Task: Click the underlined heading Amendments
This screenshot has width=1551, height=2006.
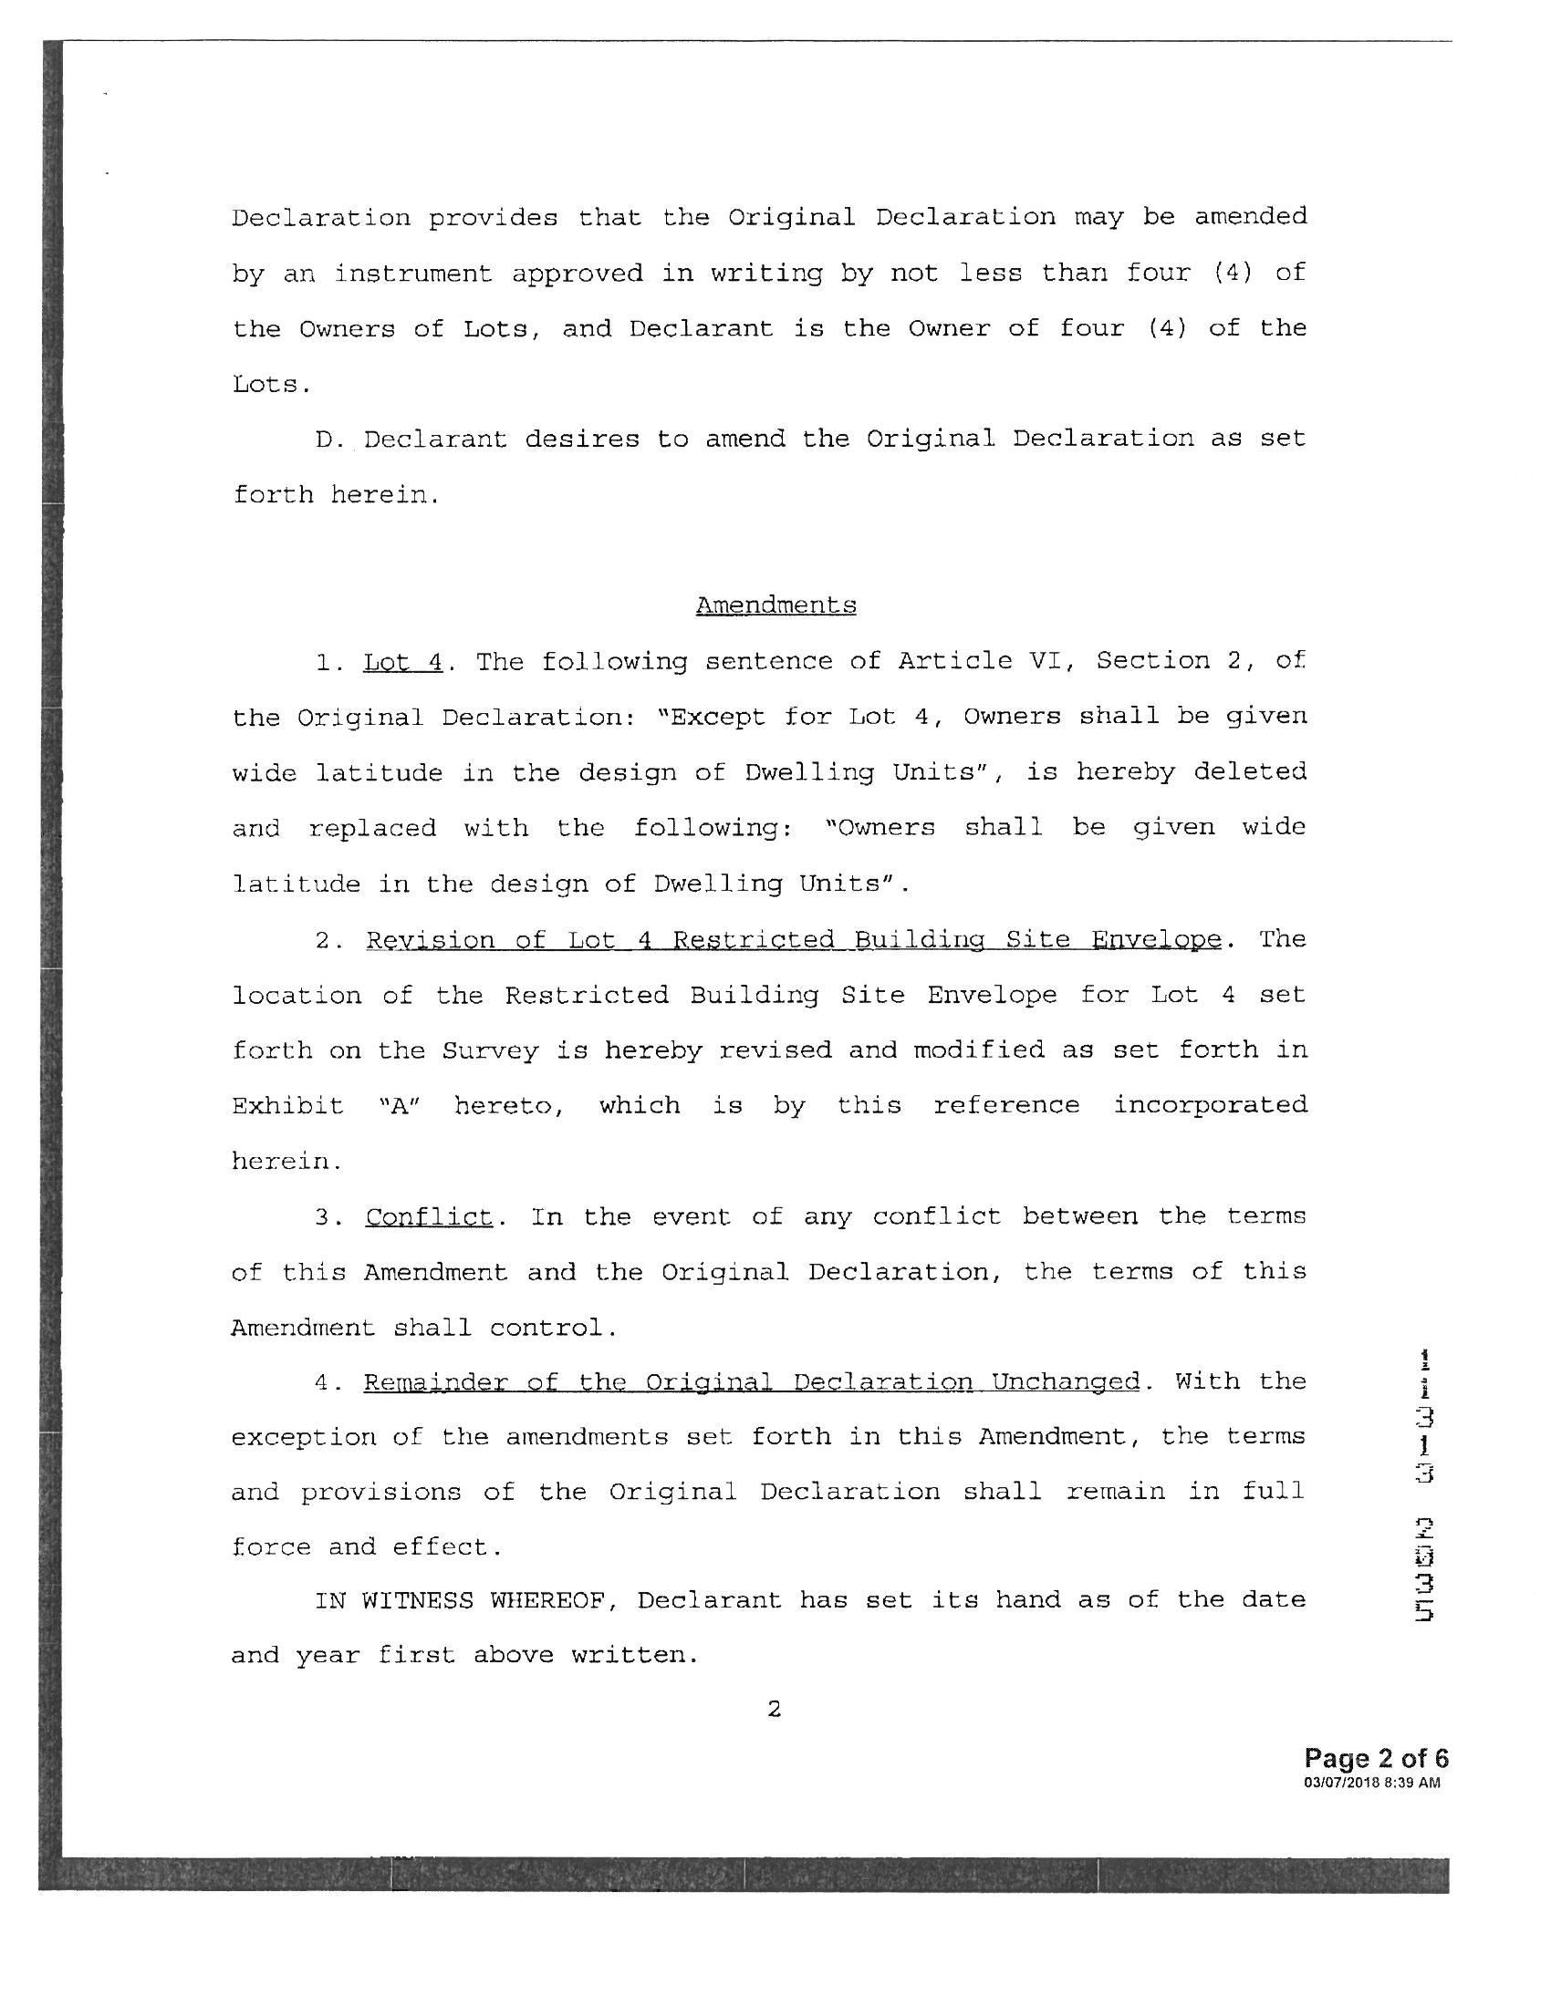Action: point(775,605)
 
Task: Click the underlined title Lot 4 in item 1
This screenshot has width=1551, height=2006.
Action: point(402,661)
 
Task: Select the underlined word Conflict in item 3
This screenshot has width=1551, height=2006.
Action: point(429,1217)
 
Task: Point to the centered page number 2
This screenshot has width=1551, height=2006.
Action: point(774,1710)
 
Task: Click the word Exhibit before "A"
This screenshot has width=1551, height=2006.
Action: point(286,1105)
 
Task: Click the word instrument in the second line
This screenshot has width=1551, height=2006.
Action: point(413,274)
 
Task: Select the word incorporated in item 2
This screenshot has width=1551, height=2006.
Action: point(1210,1105)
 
